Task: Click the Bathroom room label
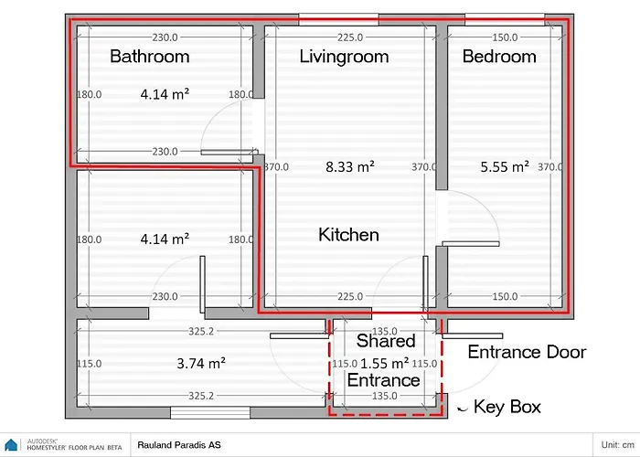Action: point(150,57)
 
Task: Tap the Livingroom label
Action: point(344,57)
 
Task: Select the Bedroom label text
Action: point(499,57)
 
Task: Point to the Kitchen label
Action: point(348,235)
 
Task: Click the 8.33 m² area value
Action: point(350,166)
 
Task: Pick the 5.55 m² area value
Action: point(505,166)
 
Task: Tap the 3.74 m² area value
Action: point(201,363)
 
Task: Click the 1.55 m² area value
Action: point(385,363)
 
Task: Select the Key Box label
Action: point(507,407)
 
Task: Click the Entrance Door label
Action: point(527,352)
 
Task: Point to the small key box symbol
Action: point(462,409)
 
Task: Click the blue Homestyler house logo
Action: point(11,445)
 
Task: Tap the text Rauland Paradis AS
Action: point(179,445)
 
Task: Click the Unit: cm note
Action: point(617,445)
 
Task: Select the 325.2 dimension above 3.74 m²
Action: point(201,331)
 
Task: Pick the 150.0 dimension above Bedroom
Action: point(505,37)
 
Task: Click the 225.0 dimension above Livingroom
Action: point(350,37)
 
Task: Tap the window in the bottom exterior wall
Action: point(210,412)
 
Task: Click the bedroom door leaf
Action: point(471,244)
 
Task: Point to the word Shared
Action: point(386,341)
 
